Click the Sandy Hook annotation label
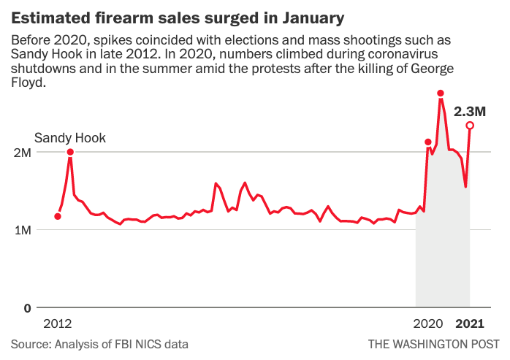[70, 137]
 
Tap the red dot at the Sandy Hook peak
[70, 152]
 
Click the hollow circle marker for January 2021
[470, 126]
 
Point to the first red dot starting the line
[58, 216]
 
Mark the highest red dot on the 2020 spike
[441, 93]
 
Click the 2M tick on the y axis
[21, 153]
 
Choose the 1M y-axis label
[21, 230]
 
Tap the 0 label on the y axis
[27, 308]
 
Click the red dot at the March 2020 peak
[428, 142]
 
